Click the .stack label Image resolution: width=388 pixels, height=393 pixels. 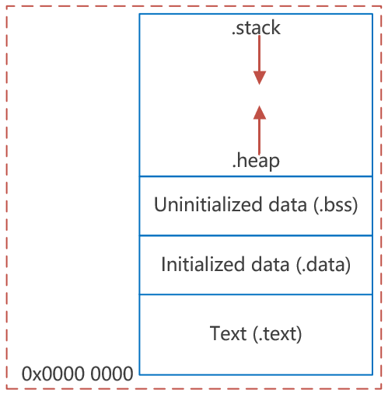tap(256, 28)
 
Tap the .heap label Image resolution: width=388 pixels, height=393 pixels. tap(256, 161)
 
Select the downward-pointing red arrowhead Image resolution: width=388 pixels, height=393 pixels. tap(260, 78)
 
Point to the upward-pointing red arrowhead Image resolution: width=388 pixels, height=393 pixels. tap(260, 112)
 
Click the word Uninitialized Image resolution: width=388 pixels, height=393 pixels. tap(208, 204)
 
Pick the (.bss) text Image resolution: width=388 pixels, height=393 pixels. tap(335, 205)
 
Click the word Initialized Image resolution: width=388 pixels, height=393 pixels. tap(203, 264)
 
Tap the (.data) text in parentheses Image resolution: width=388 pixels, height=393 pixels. tap(323, 265)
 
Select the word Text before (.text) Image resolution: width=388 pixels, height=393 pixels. tap(228, 333)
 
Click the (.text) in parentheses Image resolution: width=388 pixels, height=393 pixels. tap(278, 334)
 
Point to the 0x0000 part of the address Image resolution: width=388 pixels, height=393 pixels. tap(53, 374)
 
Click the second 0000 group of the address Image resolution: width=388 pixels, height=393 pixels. tap(112, 374)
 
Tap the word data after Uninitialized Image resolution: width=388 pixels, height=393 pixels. tap(288, 204)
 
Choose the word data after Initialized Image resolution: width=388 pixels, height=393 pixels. tap(270, 264)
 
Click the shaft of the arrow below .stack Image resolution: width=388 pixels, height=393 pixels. tap(259, 54)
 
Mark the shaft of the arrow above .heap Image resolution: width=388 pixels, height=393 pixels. tap(259, 137)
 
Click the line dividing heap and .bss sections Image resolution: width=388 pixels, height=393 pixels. tap(256, 176)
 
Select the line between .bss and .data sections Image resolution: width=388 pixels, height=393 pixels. tap(256, 235)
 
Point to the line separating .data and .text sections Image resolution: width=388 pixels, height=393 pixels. tap(256, 294)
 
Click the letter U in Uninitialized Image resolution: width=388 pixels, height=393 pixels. tap(161, 204)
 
